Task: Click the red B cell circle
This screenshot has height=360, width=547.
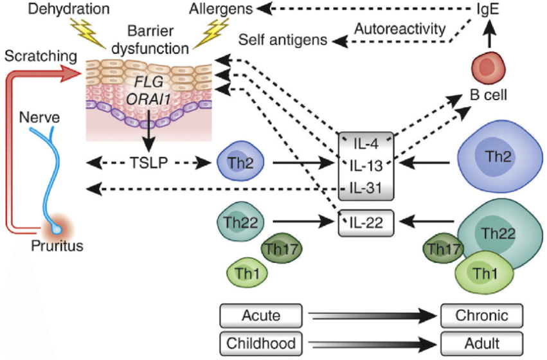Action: click(x=489, y=68)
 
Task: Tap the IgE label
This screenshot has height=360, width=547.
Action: click(x=488, y=9)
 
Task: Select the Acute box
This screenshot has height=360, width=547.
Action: click(x=261, y=316)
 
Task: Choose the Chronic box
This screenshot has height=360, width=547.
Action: click(x=482, y=316)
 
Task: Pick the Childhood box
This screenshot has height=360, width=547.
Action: click(x=261, y=343)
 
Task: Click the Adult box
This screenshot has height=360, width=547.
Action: click(x=482, y=343)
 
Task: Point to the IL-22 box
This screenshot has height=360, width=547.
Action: click(x=366, y=222)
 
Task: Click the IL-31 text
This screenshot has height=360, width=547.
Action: click(x=366, y=188)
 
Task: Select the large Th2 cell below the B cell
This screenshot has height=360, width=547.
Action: click(x=499, y=158)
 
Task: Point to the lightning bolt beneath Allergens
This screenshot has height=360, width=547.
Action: click(x=211, y=32)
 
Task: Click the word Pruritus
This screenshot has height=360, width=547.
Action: click(x=57, y=246)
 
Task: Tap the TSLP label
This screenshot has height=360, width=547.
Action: click(x=148, y=163)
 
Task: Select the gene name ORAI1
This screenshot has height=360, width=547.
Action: click(x=148, y=100)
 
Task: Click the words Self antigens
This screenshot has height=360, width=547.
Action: click(x=283, y=40)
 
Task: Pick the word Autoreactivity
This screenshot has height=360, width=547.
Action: click(x=400, y=28)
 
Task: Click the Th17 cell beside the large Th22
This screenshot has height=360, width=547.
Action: click(x=443, y=248)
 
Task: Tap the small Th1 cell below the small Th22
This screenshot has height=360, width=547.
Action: click(x=247, y=273)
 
